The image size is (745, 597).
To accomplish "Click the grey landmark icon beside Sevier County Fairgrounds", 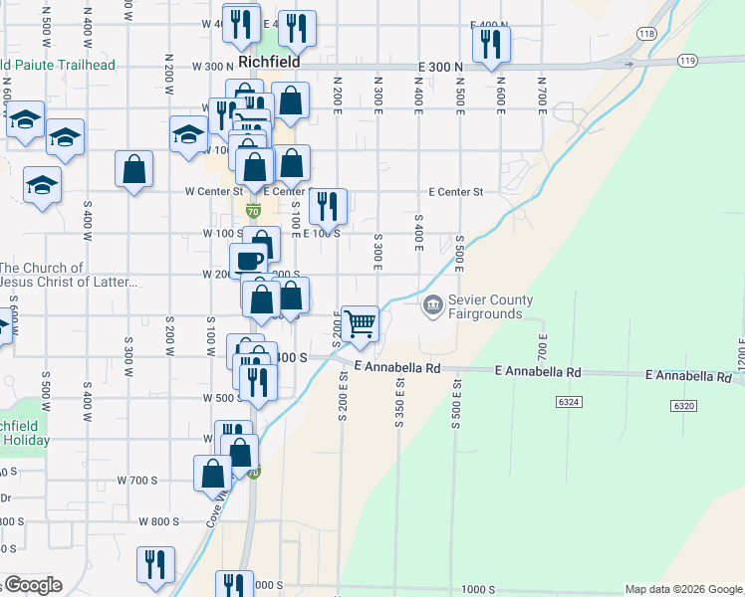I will (x=433, y=304).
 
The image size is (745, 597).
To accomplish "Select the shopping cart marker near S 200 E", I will (x=360, y=322).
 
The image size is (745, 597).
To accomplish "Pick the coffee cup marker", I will (x=249, y=262).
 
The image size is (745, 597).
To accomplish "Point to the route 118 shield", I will (x=646, y=34).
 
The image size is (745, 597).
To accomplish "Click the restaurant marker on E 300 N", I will (x=490, y=44).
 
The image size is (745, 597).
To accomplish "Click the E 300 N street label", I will (x=439, y=66).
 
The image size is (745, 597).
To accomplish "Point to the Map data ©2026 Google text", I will (x=682, y=589).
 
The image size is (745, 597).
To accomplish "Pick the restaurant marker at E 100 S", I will (x=328, y=207).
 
